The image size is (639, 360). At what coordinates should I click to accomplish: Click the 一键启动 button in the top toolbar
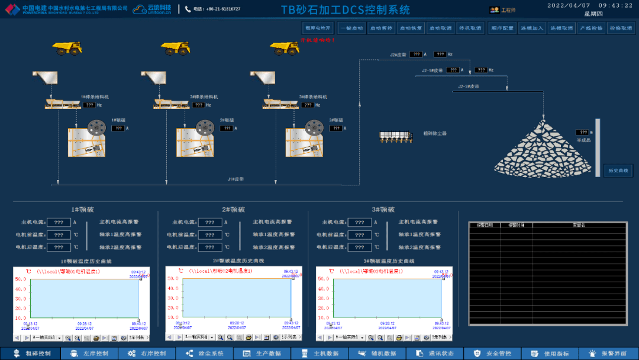(x=351, y=28)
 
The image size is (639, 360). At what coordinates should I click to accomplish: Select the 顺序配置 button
(x=502, y=28)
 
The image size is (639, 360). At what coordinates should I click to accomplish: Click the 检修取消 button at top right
(x=621, y=28)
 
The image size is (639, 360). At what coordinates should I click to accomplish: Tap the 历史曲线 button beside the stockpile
(x=618, y=171)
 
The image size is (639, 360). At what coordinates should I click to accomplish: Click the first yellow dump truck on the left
(x=66, y=48)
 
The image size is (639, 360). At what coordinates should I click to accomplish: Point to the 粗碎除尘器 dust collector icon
(x=395, y=136)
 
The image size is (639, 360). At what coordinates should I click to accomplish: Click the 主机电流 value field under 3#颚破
(x=360, y=223)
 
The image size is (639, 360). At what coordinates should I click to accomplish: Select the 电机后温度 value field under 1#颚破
(x=59, y=247)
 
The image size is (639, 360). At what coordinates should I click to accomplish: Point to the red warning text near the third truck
(x=317, y=40)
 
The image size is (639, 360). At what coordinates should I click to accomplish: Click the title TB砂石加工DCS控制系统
(x=345, y=10)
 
